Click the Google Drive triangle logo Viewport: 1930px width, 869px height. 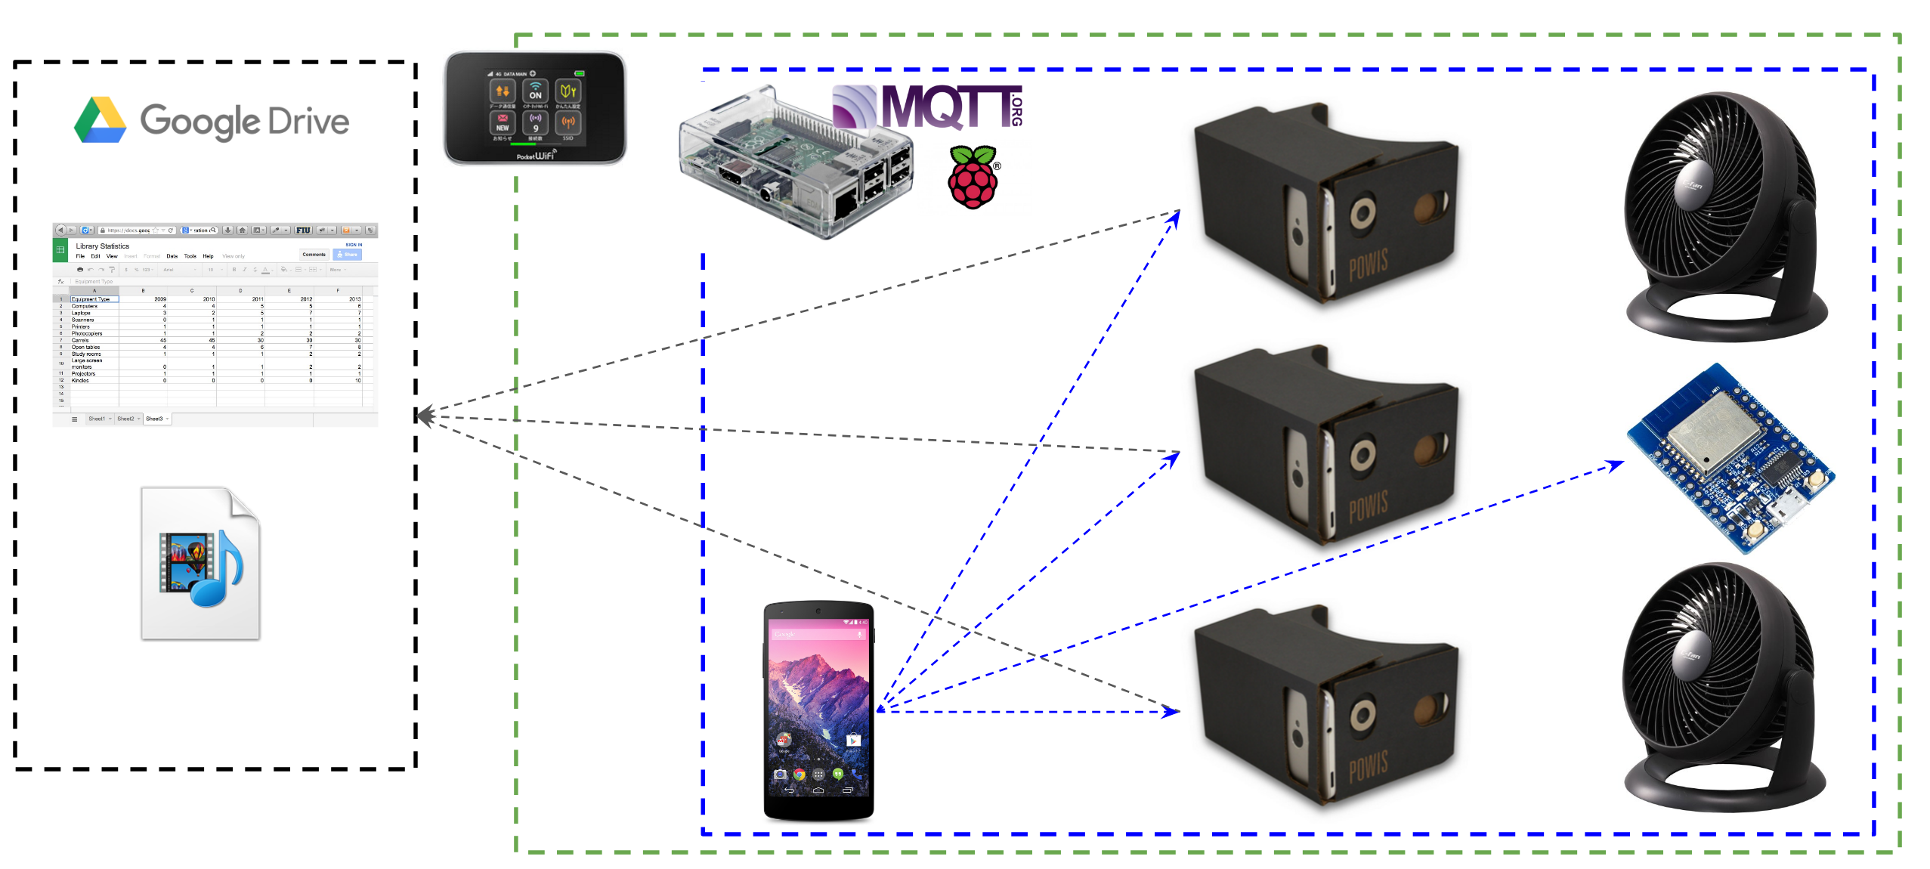click(100, 121)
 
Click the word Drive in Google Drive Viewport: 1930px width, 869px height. click(308, 122)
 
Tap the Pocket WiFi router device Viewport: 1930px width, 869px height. click(535, 108)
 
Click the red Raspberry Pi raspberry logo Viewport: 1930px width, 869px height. click(973, 178)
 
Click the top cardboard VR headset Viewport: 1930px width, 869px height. click(1326, 204)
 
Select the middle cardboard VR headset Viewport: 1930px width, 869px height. click(1326, 446)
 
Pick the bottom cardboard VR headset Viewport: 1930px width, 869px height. click(1326, 707)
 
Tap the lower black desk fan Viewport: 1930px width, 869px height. click(1719, 688)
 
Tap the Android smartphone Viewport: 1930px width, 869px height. click(818, 710)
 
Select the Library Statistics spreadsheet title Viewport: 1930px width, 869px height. click(102, 246)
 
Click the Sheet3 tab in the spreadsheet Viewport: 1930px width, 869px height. click(155, 419)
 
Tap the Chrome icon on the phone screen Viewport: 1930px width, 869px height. click(800, 775)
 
